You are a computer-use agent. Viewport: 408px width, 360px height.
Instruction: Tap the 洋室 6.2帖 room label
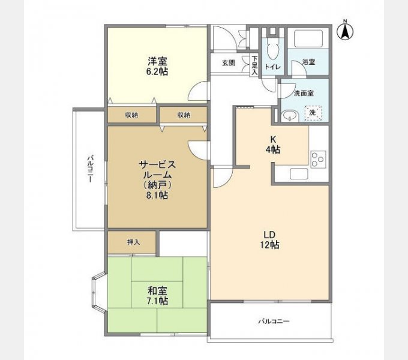click(158, 65)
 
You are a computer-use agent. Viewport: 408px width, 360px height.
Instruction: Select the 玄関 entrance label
click(228, 63)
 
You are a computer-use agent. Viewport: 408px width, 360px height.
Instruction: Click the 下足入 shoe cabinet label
click(254, 65)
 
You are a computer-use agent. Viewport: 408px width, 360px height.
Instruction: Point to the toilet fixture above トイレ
click(272, 47)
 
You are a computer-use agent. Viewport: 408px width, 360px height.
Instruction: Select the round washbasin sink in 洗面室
click(291, 115)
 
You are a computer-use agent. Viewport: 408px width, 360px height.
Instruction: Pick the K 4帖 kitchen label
click(273, 145)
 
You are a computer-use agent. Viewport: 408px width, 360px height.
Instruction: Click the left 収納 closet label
click(131, 115)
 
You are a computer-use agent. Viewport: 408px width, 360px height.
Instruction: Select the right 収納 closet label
click(183, 115)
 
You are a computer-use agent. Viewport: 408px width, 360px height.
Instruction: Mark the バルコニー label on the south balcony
click(274, 322)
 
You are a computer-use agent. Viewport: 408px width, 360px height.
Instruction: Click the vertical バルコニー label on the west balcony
click(89, 169)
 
